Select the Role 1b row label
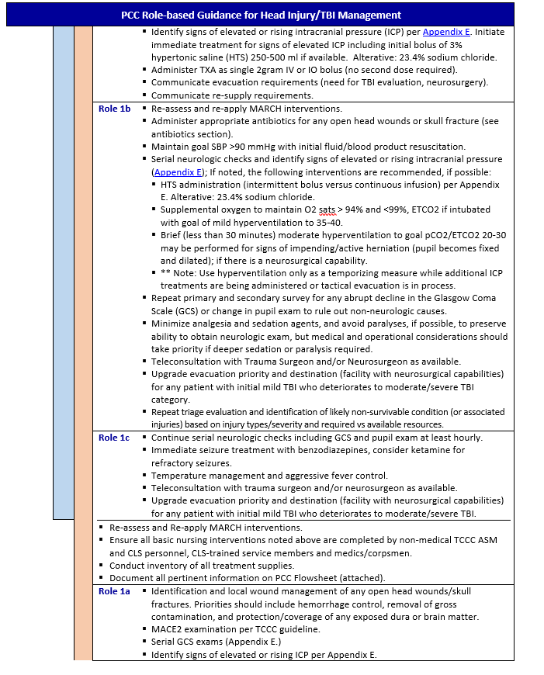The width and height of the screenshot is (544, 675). click(x=114, y=109)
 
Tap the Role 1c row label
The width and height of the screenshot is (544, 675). click(x=114, y=438)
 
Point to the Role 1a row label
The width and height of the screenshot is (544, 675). click(x=114, y=591)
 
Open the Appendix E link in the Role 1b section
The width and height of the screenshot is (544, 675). click(x=176, y=171)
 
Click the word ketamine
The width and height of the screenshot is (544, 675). click(x=420, y=450)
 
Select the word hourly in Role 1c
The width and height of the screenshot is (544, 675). click(x=468, y=438)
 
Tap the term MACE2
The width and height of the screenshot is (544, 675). click(x=167, y=629)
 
